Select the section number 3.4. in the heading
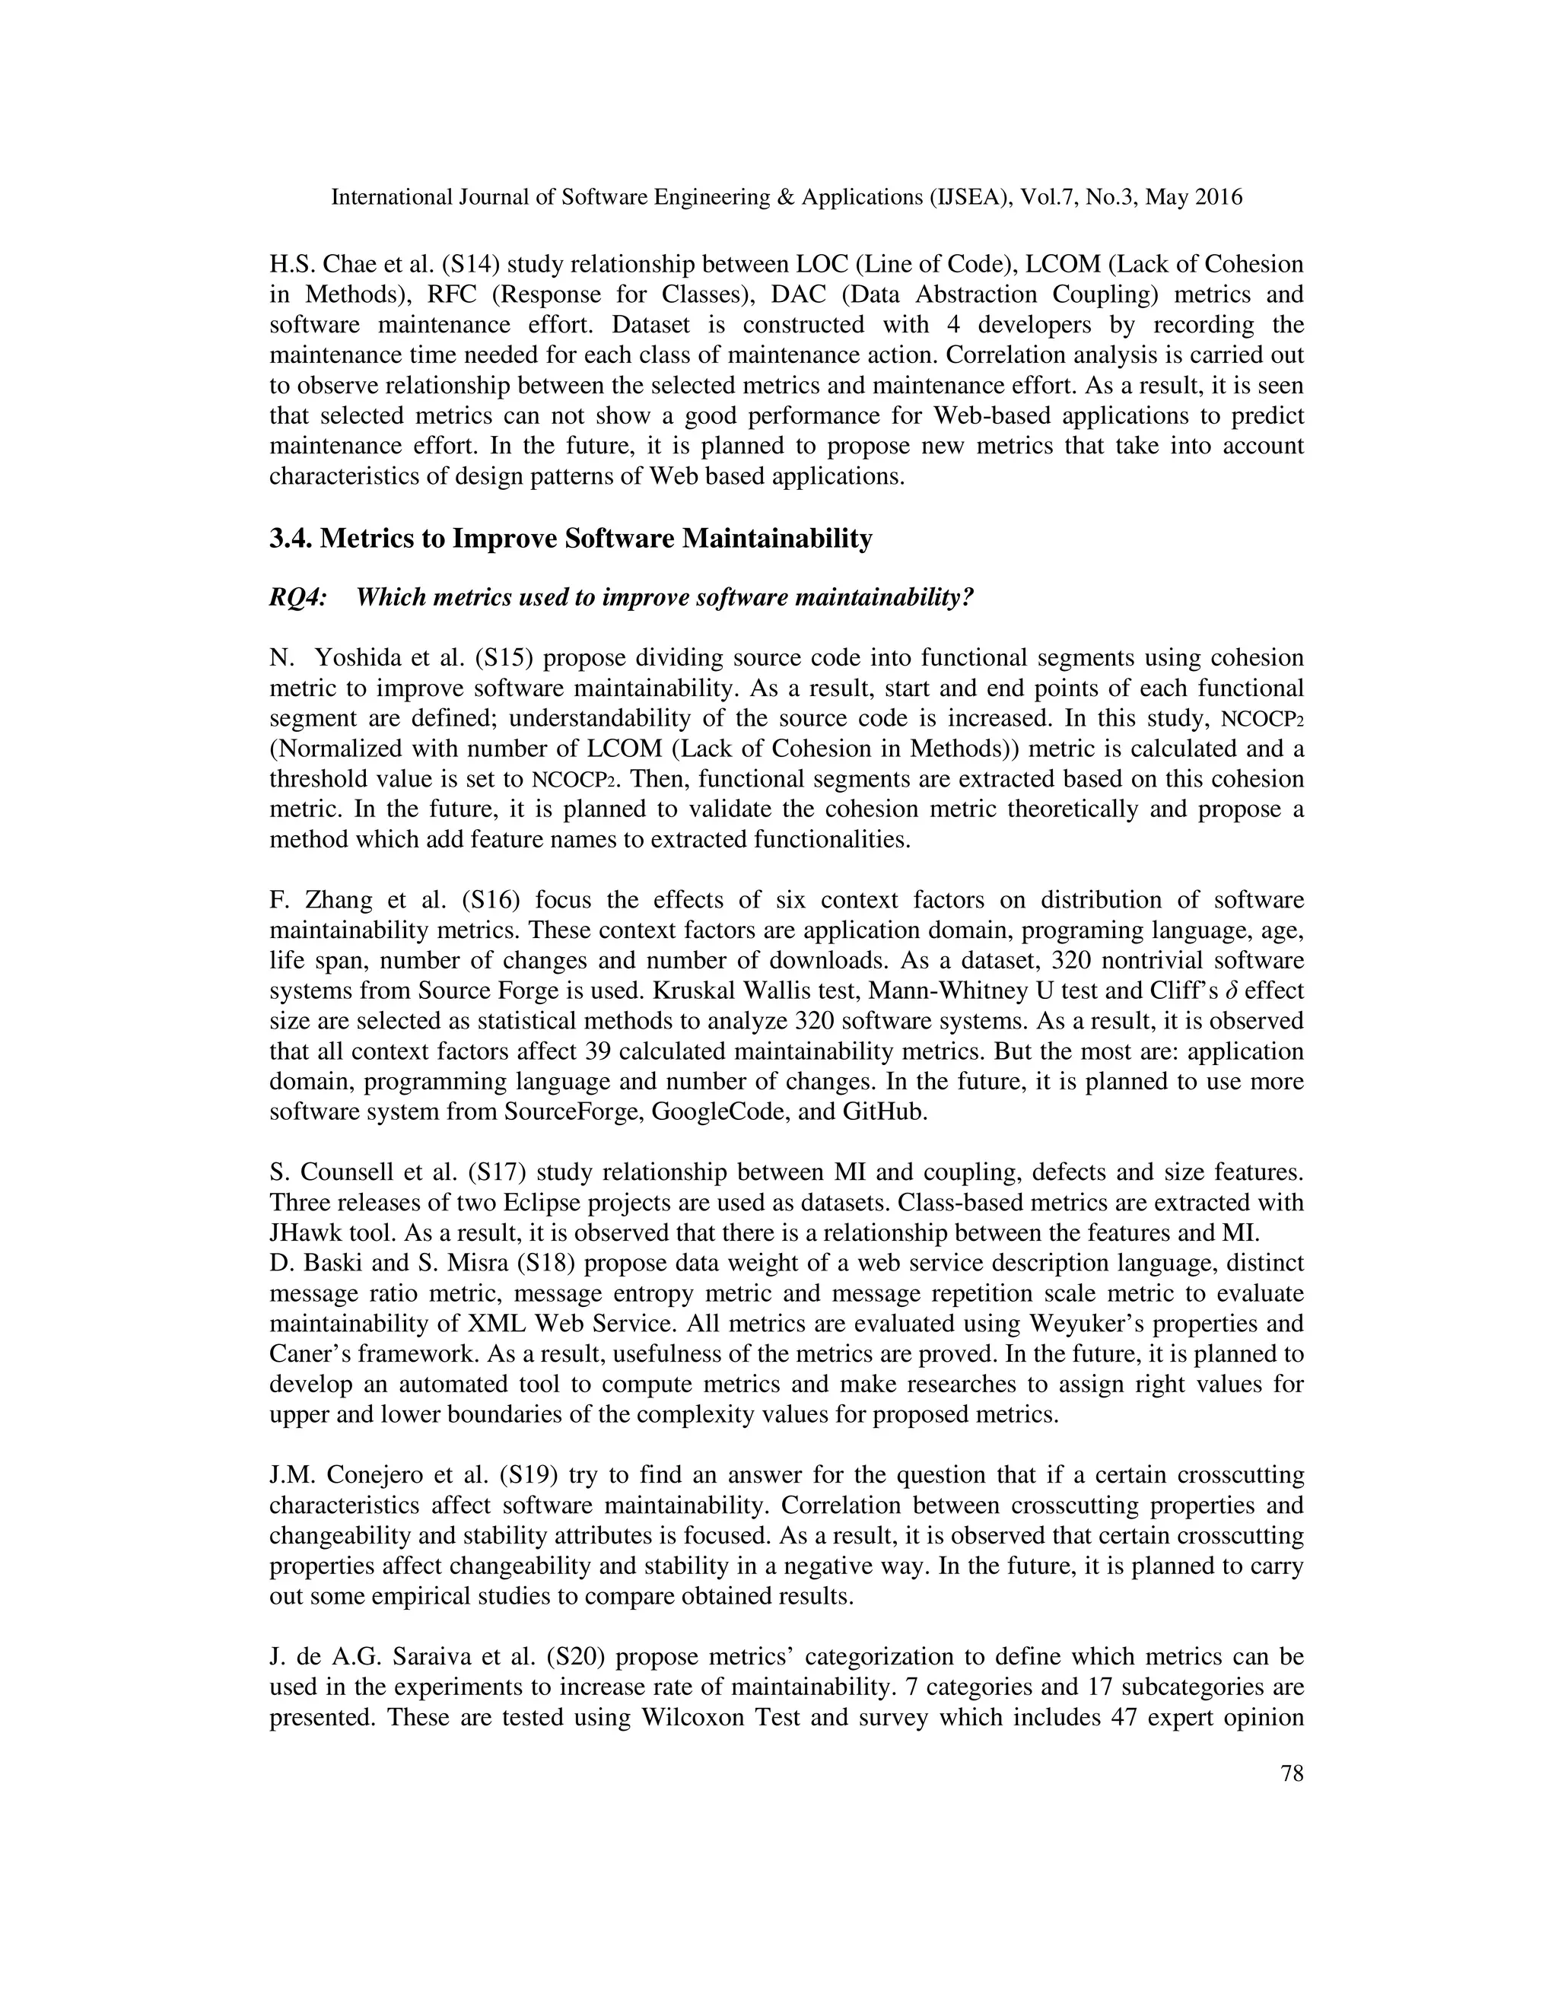(291, 539)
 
